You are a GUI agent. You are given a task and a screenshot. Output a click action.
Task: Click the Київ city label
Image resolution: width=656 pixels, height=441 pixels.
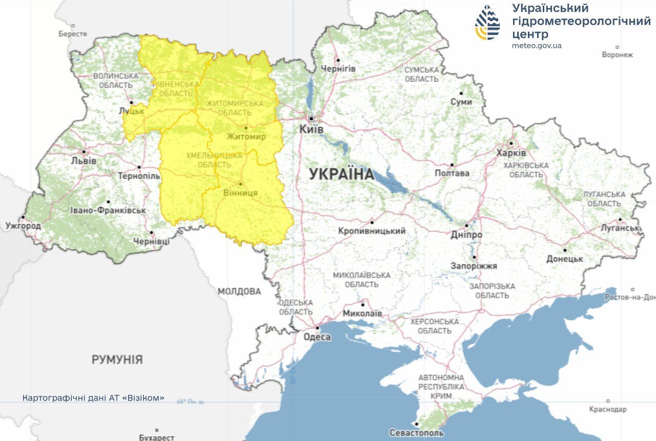312,130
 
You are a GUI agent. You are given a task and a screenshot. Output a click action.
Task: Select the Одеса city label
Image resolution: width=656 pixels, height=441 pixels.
317,337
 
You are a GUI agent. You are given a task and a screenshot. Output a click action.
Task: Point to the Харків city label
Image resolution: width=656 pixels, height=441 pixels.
511,153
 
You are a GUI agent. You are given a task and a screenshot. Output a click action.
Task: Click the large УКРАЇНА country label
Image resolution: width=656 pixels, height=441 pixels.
342,174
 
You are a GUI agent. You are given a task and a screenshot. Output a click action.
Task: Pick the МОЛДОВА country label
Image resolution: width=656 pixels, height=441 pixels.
239,291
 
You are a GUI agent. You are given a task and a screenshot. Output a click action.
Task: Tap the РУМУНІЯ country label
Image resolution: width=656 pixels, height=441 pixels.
117,359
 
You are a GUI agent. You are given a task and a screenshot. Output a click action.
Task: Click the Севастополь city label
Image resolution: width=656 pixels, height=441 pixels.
416,433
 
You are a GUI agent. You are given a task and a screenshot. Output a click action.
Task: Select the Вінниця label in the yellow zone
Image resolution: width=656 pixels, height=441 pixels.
241,193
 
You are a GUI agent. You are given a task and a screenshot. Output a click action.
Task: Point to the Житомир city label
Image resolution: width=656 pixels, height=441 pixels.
246,136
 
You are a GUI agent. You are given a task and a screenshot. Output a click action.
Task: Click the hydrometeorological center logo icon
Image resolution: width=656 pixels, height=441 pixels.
487,23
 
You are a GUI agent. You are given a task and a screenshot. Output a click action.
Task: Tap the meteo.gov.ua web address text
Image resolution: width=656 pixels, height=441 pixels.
537,46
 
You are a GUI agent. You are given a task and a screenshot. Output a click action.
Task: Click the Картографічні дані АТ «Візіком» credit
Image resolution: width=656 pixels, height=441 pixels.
93,398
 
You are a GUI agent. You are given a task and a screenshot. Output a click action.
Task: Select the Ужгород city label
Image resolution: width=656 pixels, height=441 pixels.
23,225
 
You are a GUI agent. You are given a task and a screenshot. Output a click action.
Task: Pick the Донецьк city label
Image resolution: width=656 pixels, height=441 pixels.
564,259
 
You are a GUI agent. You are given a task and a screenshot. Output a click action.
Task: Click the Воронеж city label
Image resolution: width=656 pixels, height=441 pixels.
617,54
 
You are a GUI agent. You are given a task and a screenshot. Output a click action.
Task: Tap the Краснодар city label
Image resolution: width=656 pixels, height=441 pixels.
608,409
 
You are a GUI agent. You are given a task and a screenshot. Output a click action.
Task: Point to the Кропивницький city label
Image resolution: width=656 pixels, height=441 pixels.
372,231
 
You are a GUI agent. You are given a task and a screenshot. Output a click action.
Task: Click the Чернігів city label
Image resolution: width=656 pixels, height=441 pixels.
338,68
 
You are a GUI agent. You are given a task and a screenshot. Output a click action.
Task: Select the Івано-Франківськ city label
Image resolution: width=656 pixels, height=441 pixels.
108,210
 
